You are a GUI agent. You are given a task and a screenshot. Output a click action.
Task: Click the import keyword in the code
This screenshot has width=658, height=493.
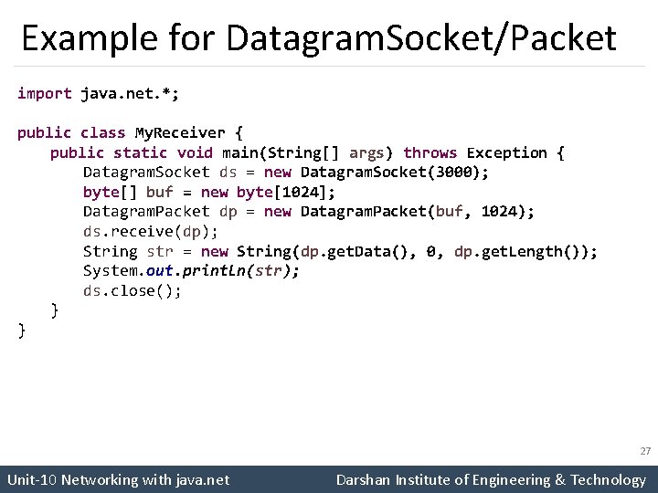(x=45, y=93)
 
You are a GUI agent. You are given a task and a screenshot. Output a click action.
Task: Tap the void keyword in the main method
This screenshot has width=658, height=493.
(x=195, y=152)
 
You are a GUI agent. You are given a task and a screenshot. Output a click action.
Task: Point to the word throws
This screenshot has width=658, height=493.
(x=430, y=152)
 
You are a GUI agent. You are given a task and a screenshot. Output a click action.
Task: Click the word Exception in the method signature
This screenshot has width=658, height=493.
(x=507, y=152)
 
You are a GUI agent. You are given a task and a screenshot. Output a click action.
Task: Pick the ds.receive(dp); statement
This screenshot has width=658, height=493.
(x=151, y=231)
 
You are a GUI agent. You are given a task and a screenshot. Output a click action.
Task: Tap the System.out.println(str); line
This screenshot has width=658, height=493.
(x=191, y=271)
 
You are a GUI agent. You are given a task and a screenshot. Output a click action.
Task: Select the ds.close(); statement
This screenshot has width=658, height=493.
(x=133, y=291)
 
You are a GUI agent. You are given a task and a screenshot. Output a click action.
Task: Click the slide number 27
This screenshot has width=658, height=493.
(x=645, y=451)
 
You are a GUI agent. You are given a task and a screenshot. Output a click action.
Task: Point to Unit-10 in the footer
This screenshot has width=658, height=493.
(x=31, y=479)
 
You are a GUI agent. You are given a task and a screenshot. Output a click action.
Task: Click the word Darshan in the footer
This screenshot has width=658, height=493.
(x=364, y=479)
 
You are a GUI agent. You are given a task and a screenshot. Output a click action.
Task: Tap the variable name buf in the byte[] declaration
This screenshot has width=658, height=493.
(x=160, y=192)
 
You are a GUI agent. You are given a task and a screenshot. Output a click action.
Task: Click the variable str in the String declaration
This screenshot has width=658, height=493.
(x=160, y=251)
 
